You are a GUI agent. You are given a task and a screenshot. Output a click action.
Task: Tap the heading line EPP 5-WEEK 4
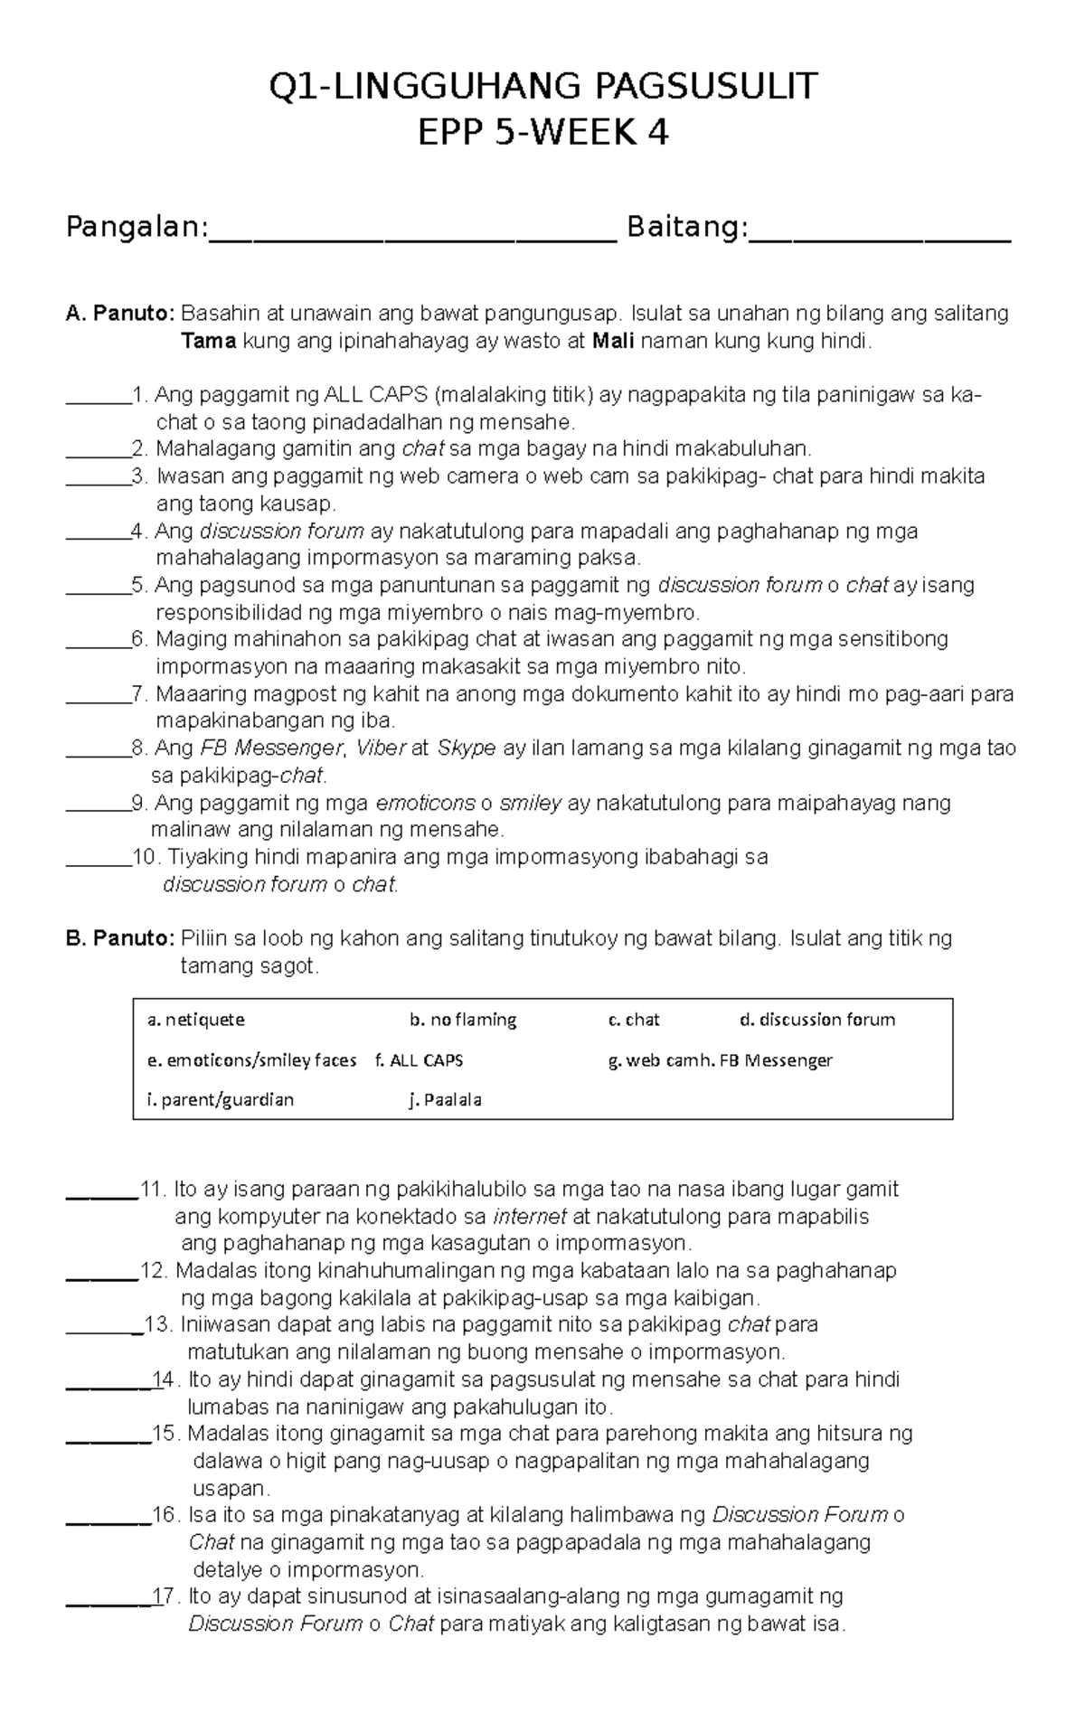tap(542, 134)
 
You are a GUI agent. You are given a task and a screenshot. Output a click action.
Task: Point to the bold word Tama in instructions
tap(208, 342)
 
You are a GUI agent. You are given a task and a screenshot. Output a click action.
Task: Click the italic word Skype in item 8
tap(467, 748)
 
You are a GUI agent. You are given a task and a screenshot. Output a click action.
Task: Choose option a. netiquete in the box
tap(196, 1020)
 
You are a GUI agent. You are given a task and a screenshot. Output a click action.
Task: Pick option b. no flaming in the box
tap(463, 1020)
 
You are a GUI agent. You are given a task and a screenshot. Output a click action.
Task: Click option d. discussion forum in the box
tap(817, 1020)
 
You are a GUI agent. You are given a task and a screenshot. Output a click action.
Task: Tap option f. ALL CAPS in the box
tap(419, 1060)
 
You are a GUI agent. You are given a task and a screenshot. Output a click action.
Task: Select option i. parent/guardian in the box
tap(221, 1100)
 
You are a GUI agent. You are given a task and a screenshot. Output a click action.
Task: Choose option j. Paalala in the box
tap(445, 1100)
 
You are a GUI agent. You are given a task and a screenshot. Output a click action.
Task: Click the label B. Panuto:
tap(120, 938)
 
